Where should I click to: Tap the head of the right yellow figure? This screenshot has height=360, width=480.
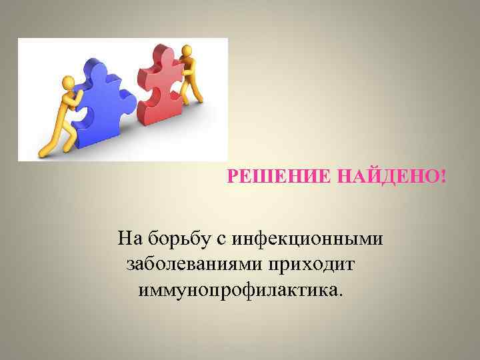(x=187, y=50)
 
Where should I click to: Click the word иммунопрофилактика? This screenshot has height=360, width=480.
(x=238, y=291)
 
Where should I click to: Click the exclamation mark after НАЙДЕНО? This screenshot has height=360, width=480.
(x=443, y=177)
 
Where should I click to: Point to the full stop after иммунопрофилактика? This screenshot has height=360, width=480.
(x=342, y=295)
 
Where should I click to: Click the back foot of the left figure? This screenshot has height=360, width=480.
(x=44, y=153)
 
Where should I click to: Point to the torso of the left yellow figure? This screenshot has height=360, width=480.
(x=67, y=107)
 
